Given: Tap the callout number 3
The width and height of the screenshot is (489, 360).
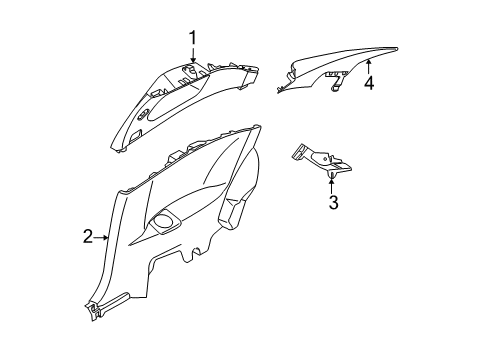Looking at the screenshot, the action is pyautogui.click(x=333, y=204).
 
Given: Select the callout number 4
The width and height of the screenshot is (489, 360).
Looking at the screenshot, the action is pyautogui.click(x=368, y=84).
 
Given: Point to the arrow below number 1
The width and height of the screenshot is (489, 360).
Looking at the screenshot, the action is pyautogui.click(x=192, y=58).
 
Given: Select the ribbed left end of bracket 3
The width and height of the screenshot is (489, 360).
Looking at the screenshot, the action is pyautogui.click(x=296, y=153).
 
